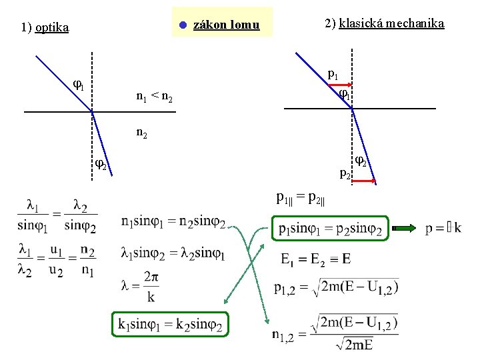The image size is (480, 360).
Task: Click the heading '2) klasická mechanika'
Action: click(384, 24)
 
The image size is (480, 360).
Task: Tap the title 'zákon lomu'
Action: click(225, 25)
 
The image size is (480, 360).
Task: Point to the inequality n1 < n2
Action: click(154, 98)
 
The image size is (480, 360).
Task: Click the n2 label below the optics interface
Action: click(142, 133)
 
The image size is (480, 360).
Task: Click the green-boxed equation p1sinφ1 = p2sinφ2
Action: click(329, 229)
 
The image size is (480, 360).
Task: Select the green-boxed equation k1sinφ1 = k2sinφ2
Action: click(170, 325)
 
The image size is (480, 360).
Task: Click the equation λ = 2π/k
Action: click(140, 285)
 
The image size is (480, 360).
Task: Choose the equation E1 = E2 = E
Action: click(316, 259)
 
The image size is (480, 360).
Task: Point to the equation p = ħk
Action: click(443, 229)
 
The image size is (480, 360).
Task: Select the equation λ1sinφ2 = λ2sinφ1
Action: click(173, 253)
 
